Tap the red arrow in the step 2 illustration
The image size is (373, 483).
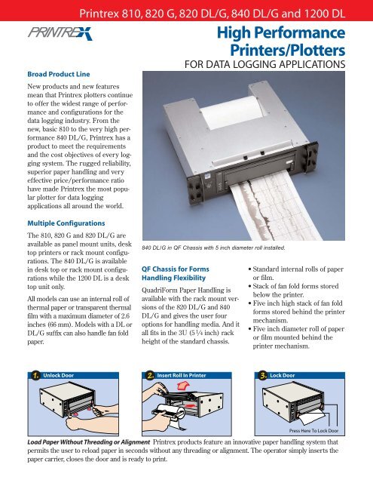pos(180,389)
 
